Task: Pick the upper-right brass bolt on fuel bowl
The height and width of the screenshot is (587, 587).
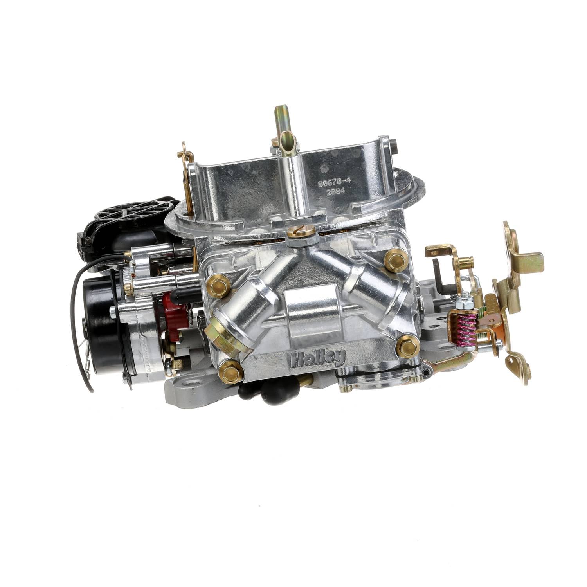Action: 396,260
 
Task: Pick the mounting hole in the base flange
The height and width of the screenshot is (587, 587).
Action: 191,380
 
